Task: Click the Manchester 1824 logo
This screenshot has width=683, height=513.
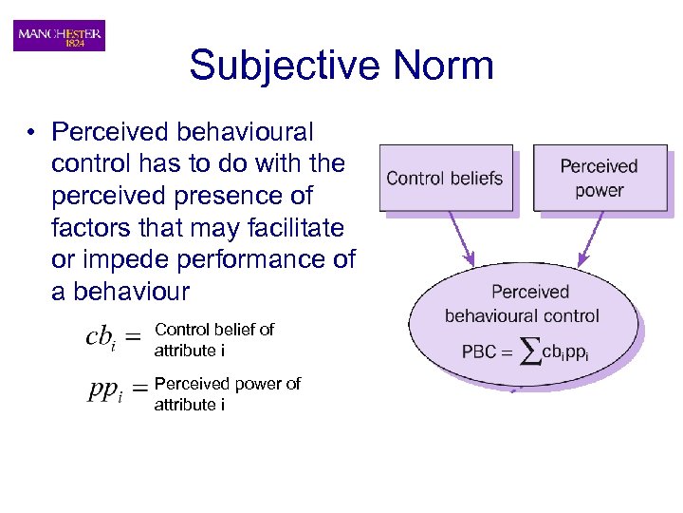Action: (59, 35)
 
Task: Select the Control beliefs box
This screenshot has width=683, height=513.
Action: (445, 178)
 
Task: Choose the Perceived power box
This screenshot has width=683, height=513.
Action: (599, 178)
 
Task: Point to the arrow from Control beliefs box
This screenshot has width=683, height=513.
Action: (460, 237)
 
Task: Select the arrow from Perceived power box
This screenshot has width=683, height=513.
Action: (592, 237)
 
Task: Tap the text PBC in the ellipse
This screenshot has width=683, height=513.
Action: (478, 352)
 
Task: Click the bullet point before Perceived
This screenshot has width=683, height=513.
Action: (31, 132)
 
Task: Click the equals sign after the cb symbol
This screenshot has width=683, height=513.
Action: (134, 335)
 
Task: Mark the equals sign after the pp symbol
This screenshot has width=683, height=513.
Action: (138, 388)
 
